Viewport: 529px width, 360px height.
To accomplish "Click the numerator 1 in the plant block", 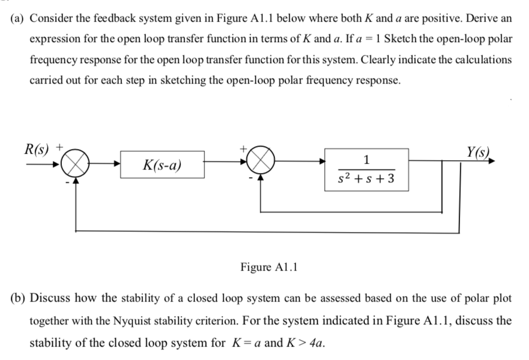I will click(x=366, y=160).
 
